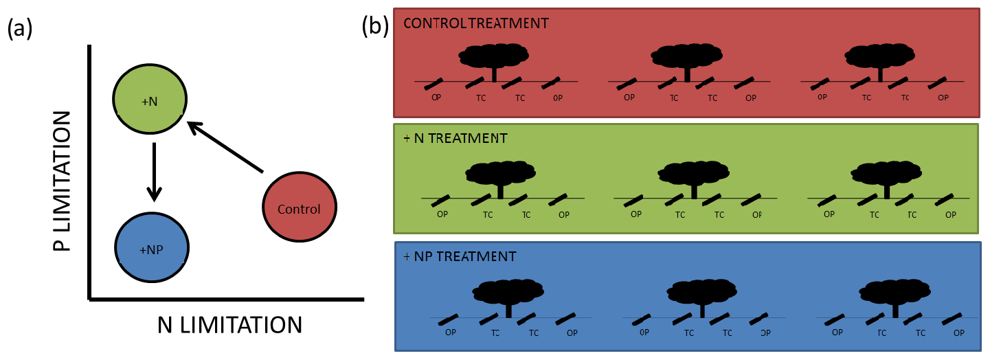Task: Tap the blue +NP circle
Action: point(150,248)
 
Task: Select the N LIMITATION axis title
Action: point(229,324)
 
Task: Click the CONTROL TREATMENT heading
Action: point(476,23)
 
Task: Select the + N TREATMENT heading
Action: point(455,139)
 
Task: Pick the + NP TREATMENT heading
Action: point(460,257)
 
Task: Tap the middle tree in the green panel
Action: point(693,176)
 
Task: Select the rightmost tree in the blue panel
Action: point(895,294)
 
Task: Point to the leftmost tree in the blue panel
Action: point(508,294)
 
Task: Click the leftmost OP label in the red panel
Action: point(436,98)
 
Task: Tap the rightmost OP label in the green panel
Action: point(951,214)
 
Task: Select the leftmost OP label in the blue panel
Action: point(451,333)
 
